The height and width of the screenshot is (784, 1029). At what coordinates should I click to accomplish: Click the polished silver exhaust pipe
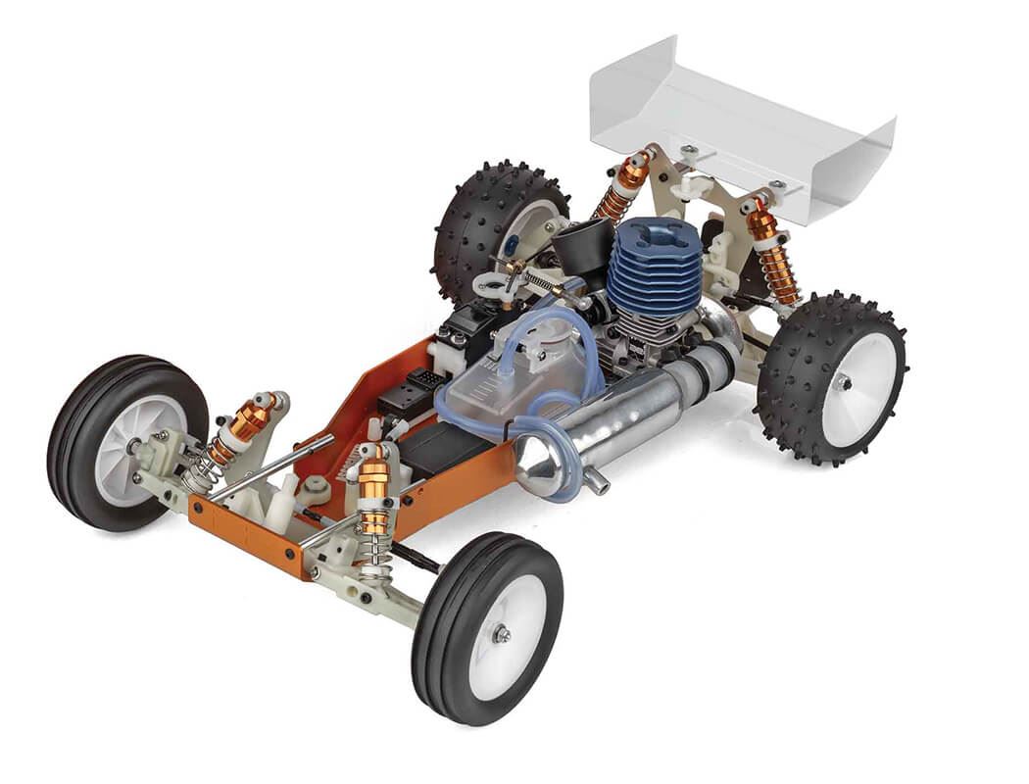(627, 412)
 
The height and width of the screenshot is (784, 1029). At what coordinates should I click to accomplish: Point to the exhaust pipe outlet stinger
(595, 484)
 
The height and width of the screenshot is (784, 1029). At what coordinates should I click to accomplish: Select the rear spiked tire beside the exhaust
(832, 378)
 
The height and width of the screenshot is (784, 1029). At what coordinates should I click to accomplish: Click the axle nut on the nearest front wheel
(501, 635)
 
